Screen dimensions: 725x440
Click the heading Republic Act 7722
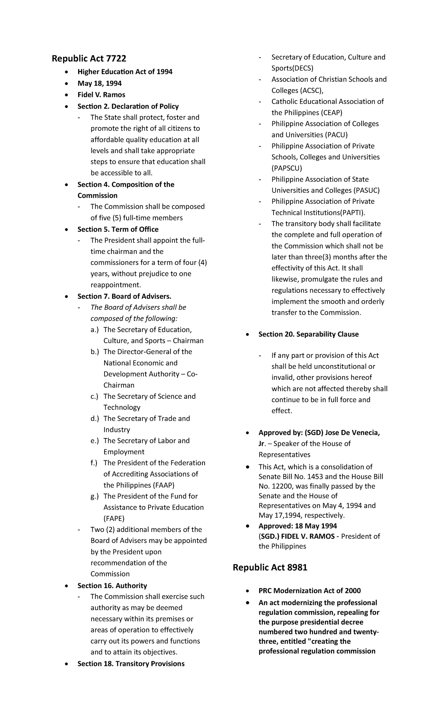click(x=89, y=58)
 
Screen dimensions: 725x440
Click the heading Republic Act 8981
click(x=270, y=568)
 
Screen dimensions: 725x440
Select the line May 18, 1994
click(x=99, y=83)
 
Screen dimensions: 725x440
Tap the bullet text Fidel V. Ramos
click(x=101, y=95)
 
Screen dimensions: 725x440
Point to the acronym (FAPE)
click(x=114, y=518)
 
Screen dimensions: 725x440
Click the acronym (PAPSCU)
click(x=287, y=168)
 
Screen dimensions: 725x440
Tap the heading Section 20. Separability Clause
click(x=308, y=334)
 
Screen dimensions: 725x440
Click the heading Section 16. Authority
click(x=112, y=586)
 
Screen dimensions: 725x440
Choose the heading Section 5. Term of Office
click(x=118, y=229)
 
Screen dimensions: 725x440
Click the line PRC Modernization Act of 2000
click(x=309, y=591)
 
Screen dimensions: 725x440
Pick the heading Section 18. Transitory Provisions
click(x=131, y=664)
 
